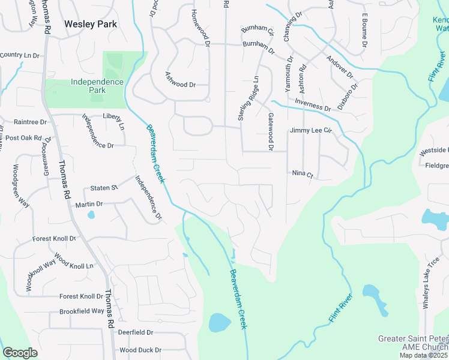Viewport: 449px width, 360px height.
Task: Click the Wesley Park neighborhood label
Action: click(91, 25)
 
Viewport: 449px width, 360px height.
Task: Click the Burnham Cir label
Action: click(258, 30)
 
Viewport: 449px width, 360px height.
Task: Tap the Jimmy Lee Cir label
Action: click(311, 130)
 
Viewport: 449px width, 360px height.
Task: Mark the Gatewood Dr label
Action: click(271, 131)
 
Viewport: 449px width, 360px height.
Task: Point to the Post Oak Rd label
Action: click(25, 138)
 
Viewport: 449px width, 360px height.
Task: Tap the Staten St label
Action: click(104, 188)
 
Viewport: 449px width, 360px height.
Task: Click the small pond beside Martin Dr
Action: click(91, 214)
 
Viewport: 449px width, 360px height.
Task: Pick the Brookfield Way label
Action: click(82, 311)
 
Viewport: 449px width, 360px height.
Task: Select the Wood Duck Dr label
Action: click(140, 350)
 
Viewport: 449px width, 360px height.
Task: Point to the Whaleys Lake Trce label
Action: click(432, 283)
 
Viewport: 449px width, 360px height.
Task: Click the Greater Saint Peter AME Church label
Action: click(413, 343)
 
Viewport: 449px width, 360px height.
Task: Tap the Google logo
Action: click(20, 353)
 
